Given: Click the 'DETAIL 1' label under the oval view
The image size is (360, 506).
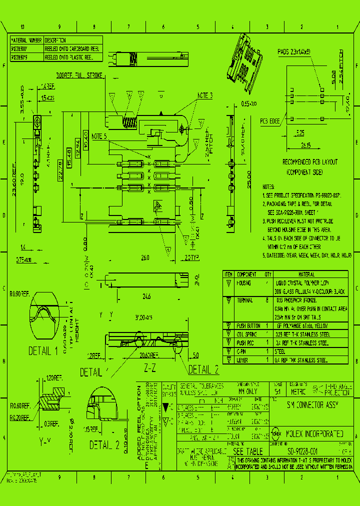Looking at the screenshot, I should click(46, 350).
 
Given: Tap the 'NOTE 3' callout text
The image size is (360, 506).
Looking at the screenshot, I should click(204, 95).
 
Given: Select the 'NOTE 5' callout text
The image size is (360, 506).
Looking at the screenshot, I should click(99, 136).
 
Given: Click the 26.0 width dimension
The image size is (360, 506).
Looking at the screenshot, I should click(144, 258).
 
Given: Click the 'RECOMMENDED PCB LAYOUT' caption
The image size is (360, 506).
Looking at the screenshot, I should click(310, 162).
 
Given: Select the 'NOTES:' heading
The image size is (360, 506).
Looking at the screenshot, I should click(268, 185).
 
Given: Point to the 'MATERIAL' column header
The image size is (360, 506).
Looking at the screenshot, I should click(306, 274).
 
